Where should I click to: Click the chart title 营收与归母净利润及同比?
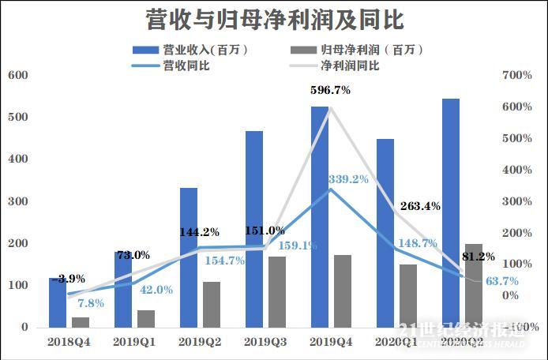point(274,18)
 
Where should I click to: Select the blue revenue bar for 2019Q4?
point(320,217)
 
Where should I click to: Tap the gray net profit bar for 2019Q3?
point(276,291)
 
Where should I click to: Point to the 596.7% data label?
point(331,91)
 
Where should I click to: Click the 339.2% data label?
point(348,180)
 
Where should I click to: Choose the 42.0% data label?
point(156,290)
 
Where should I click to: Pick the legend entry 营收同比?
point(185,66)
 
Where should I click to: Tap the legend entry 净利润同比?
point(351,66)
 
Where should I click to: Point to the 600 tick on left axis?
point(17,76)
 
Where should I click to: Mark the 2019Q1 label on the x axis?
point(134,343)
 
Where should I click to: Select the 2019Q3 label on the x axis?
point(265,343)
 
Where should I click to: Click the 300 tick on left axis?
point(17,201)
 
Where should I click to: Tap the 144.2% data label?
point(200,233)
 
